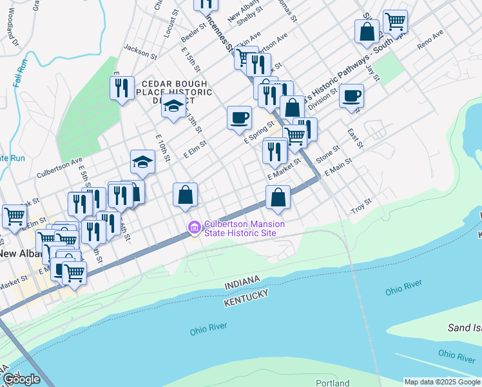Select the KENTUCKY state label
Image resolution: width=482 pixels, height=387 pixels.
(246, 297)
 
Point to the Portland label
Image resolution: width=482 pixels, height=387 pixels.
(333, 382)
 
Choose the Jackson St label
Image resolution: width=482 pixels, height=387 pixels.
(140, 51)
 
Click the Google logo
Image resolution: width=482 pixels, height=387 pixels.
(21, 379)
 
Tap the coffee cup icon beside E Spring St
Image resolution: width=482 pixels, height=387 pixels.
(239, 118)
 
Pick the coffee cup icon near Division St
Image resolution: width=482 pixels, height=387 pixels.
(351, 96)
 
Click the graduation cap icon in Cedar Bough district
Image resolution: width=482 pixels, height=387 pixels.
(173, 107)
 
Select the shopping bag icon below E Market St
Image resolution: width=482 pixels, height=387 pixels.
(278, 197)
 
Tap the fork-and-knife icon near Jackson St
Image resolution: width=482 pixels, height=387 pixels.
(122, 88)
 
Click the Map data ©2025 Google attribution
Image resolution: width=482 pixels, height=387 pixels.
(442, 382)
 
